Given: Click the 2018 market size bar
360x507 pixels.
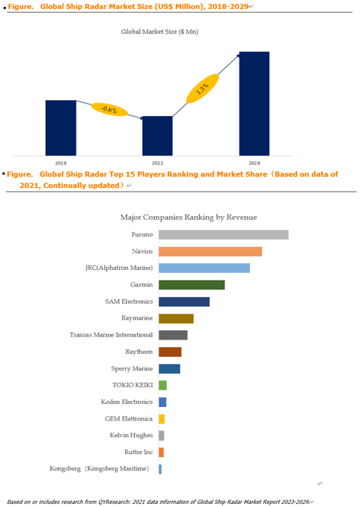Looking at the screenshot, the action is [61, 128].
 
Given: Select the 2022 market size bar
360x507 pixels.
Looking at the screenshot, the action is [158, 136].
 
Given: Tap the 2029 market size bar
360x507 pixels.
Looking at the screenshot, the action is [254, 104].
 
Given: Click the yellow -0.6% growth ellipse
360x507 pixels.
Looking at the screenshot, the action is [109, 110].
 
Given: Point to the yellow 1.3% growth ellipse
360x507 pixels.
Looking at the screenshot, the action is [202, 89].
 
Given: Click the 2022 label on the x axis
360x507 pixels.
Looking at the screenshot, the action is [158, 163].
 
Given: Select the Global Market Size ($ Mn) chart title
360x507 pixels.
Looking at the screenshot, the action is [159, 32].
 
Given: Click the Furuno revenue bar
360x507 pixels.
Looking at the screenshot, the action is [224, 235].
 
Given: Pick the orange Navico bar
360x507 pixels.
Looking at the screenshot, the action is [210, 252].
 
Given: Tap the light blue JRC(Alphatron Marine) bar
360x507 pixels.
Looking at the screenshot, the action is [205, 268].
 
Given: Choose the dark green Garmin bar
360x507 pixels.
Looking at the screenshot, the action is [192, 285].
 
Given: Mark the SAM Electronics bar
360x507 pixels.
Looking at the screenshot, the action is [184, 302].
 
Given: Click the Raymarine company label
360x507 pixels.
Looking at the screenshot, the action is [137, 318].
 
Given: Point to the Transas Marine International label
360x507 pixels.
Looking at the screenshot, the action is [111, 335].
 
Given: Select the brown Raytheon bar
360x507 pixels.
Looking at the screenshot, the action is [170, 352].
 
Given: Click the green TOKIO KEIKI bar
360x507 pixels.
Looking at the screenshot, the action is [163, 386].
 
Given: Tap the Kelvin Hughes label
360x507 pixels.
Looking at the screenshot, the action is [131, 435].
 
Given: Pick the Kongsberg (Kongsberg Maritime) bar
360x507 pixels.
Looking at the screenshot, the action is [160, 469].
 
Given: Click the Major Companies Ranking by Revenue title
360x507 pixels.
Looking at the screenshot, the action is [189, 218].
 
